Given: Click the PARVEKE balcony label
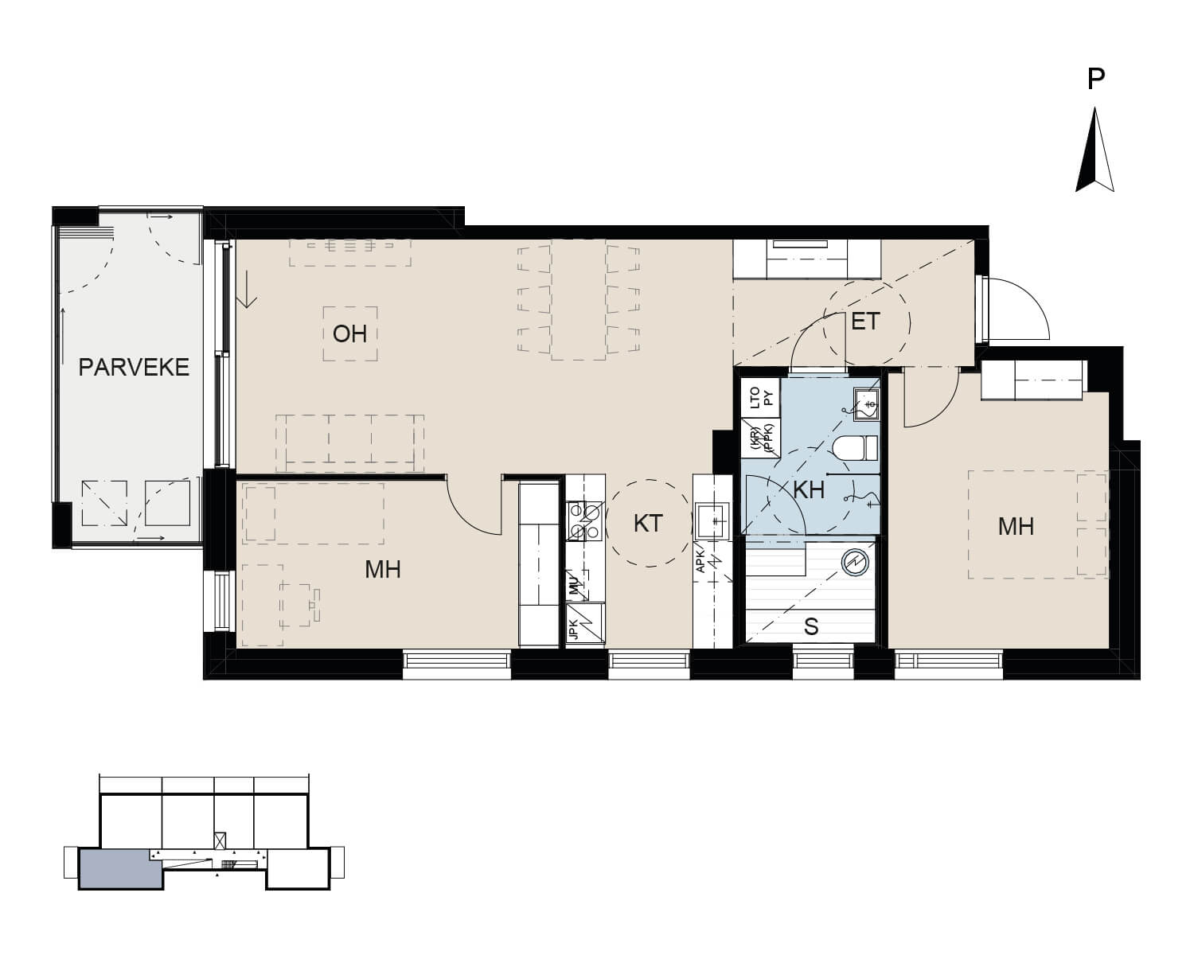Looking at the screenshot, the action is (134, 368).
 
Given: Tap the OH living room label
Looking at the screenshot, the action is (349, 334).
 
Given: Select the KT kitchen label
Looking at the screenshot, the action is (648, 524).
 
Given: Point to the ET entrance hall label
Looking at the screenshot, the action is (865, 322).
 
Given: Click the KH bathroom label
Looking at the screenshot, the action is (809, 490).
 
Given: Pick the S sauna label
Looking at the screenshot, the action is (811, 627).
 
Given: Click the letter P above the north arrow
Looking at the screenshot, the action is (1096, 80).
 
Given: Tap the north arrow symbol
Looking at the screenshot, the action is (1094, 150).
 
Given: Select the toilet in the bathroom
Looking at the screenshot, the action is (856, 448).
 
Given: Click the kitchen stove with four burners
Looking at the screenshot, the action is (585, 520).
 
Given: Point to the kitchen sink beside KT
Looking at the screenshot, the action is (713, 520).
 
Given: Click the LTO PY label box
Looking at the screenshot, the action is (761, 397).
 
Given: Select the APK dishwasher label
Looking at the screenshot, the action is (700, 562).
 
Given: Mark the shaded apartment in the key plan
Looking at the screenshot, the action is (121, 868).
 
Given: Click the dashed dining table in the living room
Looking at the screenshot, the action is (578, 300).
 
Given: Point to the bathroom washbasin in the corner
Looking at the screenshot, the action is (866, 404).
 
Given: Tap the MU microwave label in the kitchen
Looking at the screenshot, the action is (574, 586).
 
